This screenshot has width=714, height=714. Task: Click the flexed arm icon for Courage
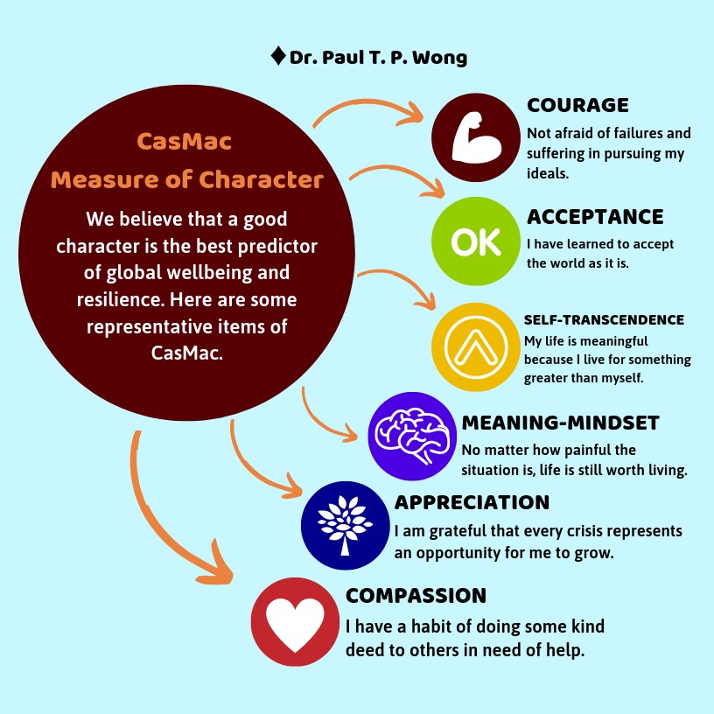point(475,137)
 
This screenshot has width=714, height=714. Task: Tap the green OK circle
point(475,242)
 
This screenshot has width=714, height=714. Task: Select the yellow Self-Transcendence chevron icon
point(476,346)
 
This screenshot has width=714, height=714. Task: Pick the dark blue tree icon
point(344,523)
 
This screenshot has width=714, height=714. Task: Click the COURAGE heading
point(577,105)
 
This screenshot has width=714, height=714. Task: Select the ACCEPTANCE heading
point(595,216)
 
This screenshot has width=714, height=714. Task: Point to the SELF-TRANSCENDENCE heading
point(604,320)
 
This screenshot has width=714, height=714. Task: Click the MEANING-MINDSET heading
point(560,423)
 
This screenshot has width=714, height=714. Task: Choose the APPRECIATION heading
point(472,502)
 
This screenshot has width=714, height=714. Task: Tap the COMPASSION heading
point(416,596)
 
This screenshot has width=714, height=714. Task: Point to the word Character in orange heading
point(262,180)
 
